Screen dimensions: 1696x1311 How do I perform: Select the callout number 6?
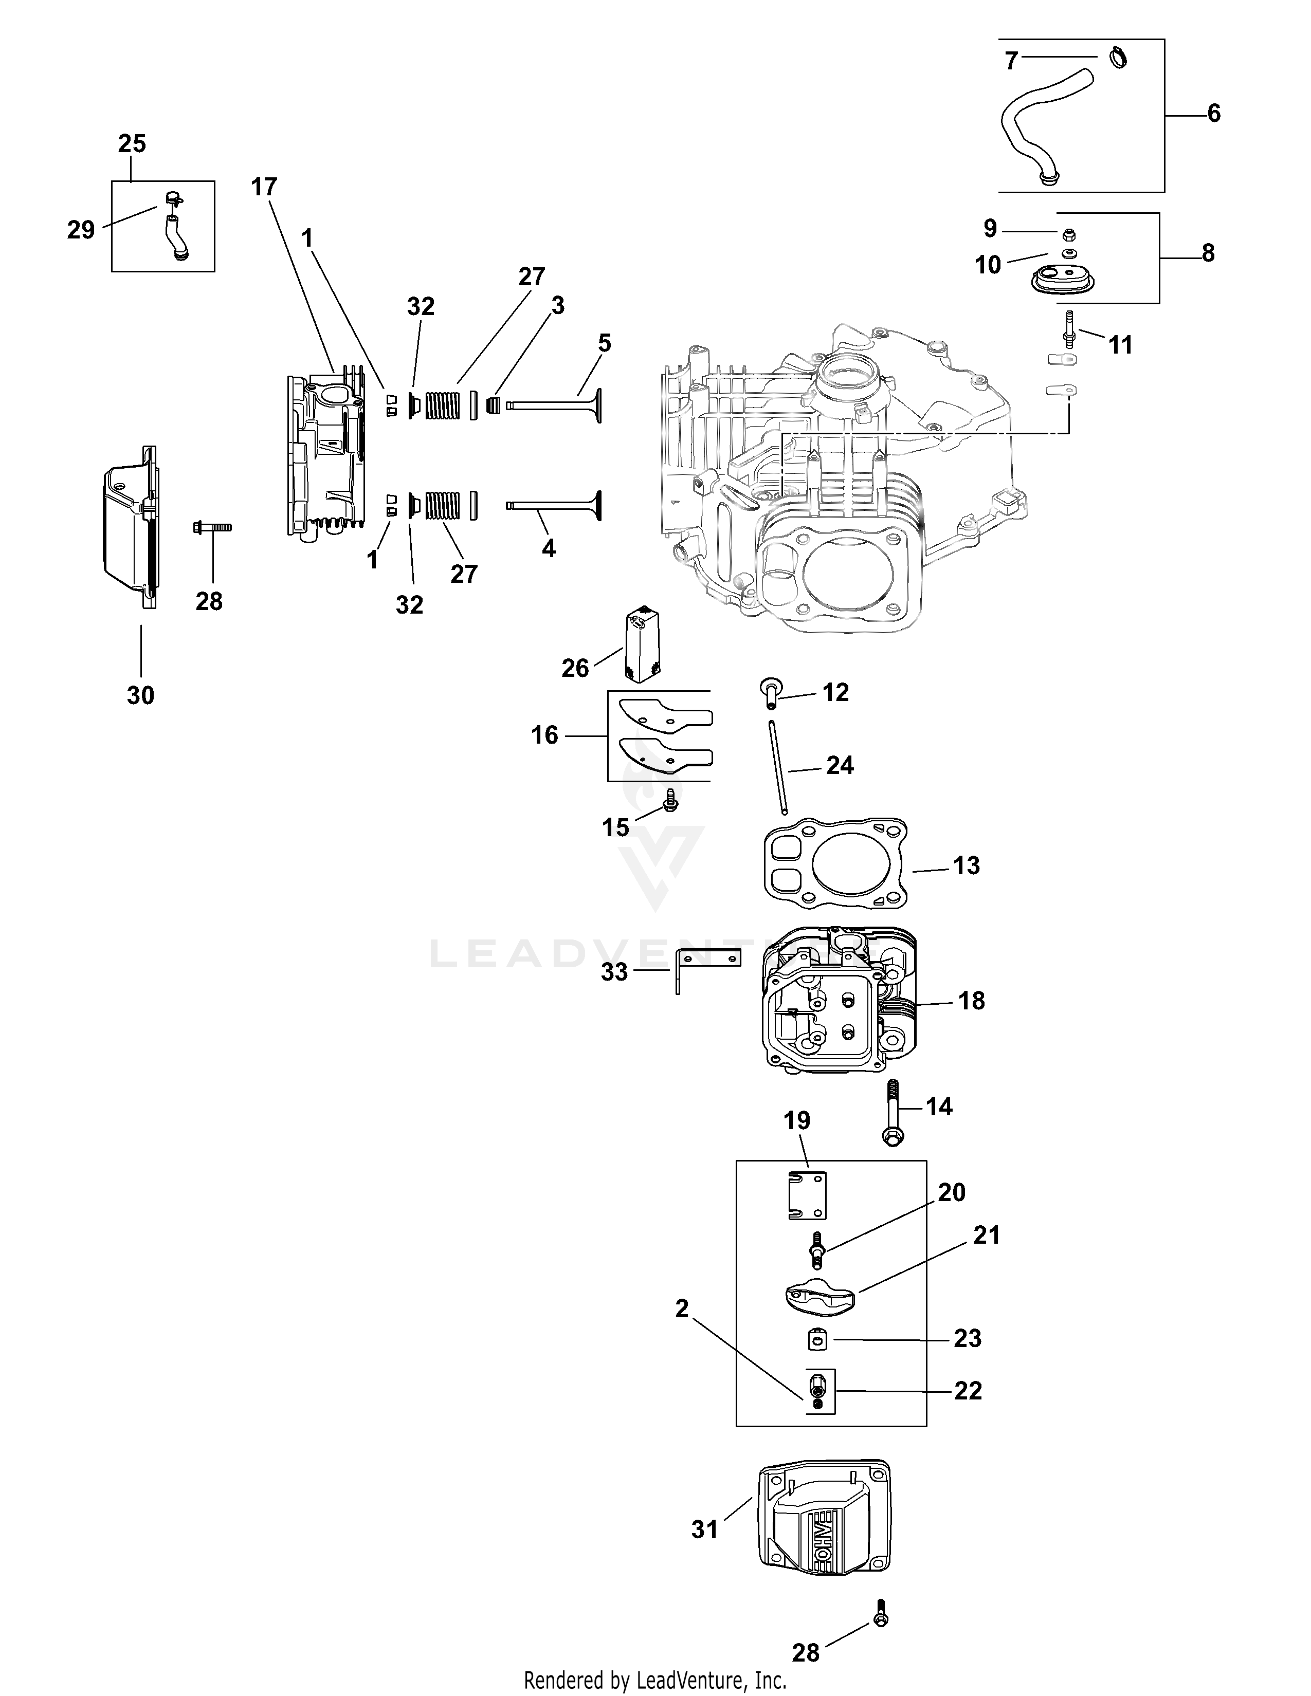tap(1214, 114)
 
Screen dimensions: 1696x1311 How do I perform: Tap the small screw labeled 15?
tap(669, 803)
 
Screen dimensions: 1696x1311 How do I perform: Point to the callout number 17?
tap(264, 187)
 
